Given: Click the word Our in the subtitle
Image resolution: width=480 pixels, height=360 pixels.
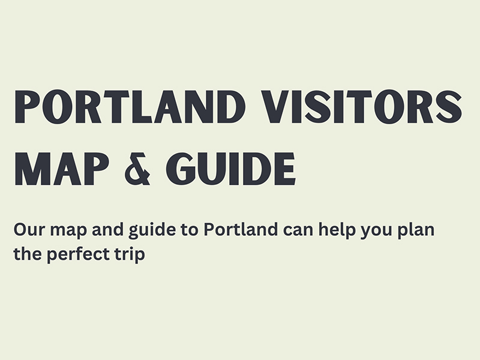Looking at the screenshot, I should pyautogui.click(x=28, y=229).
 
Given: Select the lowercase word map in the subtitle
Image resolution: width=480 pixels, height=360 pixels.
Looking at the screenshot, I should pyautogui.click(x=64, y=230).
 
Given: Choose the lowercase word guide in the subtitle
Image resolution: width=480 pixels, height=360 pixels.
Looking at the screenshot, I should pyautogui.click(x=143, y=230).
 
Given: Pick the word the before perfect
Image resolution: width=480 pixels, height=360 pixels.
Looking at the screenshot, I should pyautogui.click(x=25, y=254).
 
